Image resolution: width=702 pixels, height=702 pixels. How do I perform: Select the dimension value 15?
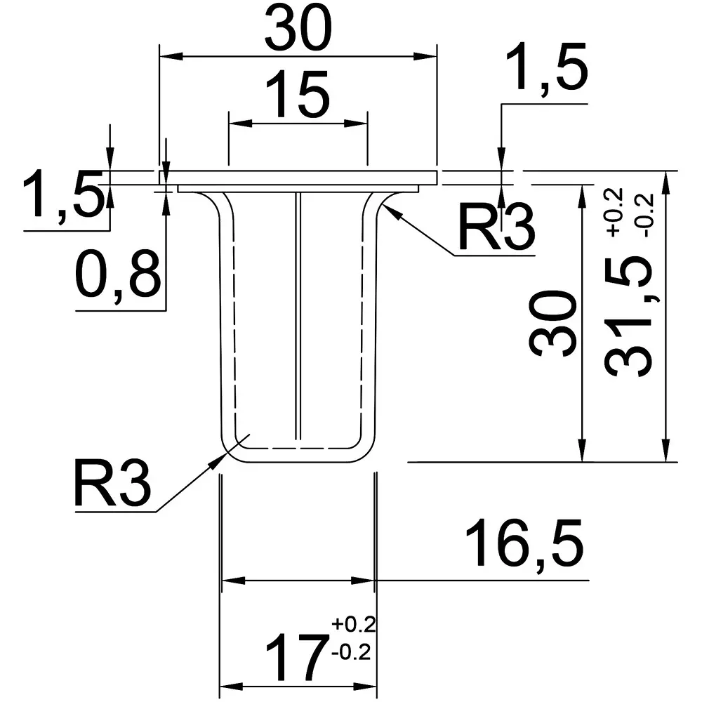(297, 95)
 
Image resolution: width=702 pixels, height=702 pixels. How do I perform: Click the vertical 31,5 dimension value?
(628, 316)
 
